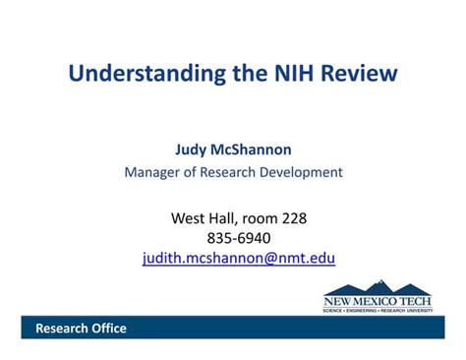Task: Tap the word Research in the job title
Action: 225,172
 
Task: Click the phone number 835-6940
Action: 239,238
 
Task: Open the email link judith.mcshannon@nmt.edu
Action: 239,259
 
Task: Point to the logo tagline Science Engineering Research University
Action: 378,310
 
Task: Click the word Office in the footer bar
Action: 107,329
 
